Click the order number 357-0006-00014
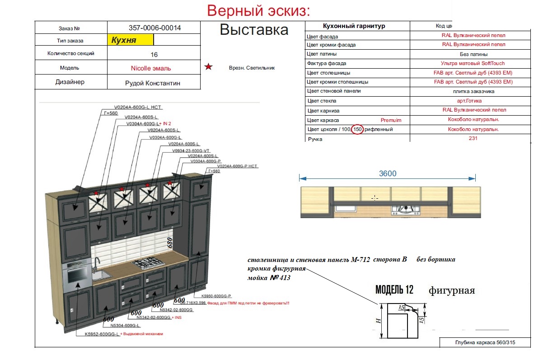click(x=155, y=28)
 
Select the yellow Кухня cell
click(x=131, y=40)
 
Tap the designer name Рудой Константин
click(x=152, y=83)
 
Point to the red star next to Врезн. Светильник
click(x=208, y=67)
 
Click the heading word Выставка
click(x=253, y=30)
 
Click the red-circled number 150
click(x=357, y=130)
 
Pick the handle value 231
click(x=473, y=139)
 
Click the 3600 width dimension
click(x=387, y=173)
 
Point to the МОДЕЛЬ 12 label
click(x=394, y=290)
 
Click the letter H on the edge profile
click(x=379, y=321)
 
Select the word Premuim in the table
click(x=391, y=120)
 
